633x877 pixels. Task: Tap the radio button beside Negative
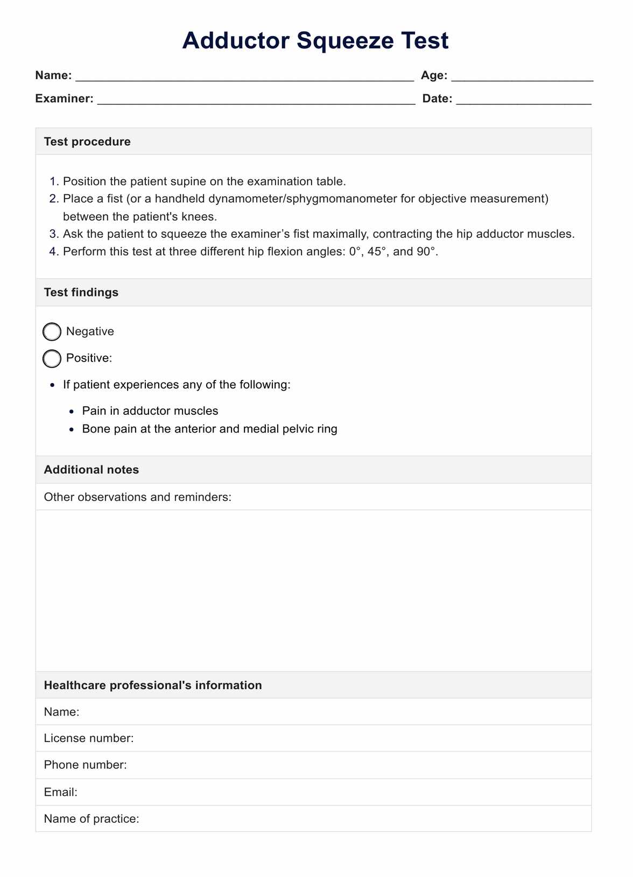(x=52, y=332)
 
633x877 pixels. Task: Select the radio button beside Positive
(x=52, y=358)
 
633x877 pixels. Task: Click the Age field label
(x=434, y=75)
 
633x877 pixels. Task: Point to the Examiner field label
(x=64, y=98)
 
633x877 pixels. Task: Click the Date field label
(x=437, y=98)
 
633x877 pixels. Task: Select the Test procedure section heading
(x=87, y=142)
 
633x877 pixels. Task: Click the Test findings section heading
(x=81, y=292)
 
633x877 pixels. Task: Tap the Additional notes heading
(x=92, y=470)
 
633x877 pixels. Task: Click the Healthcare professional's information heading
(x=153, y=685)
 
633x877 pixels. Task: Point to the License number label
(x=89, y=738)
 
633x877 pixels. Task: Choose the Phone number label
(x=86, y=765)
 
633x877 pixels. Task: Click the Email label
(x=61, y=792)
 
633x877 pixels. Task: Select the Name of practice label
(x=92, y=818)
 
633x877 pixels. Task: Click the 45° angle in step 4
(x=377, y=251)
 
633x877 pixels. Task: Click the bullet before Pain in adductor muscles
(x=72, y=412)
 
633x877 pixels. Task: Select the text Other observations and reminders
(x=138, y=497)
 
